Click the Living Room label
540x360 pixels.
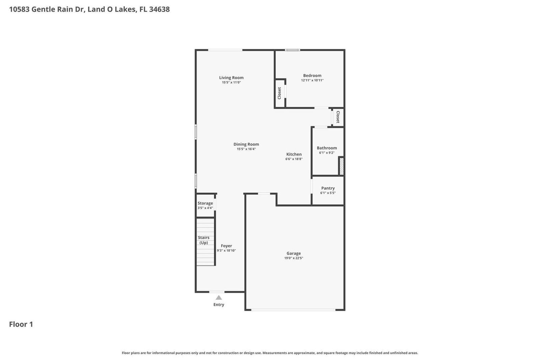231,78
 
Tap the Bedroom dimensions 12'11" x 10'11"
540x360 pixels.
312,80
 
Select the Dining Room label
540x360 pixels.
246,144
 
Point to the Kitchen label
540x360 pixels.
294,154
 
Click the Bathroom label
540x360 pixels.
327,148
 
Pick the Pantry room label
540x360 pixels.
328,188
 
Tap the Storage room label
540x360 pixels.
205,203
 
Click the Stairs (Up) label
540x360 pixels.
204,240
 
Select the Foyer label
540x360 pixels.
226,246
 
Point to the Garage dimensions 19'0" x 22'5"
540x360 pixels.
294,258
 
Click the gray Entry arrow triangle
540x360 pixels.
219,298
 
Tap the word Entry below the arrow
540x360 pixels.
219,305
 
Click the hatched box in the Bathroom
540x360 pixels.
341,166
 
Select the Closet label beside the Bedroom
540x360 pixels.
279,93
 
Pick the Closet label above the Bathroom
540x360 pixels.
338,117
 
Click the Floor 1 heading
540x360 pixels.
21,324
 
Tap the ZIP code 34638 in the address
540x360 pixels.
159,9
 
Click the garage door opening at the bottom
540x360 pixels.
293,310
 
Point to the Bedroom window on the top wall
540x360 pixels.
292,50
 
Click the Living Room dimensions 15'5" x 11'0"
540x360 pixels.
231,82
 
